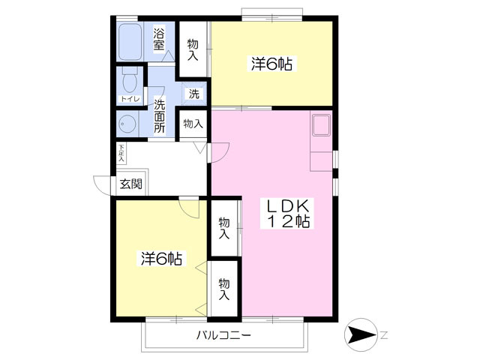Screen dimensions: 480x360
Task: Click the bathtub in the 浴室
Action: click(130, 42)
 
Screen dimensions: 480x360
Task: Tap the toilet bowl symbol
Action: click(130, 79)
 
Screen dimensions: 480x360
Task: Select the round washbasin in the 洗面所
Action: click(127, 124)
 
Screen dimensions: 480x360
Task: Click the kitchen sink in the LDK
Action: click(321, 125)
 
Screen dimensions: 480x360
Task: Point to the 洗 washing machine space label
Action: click(193, 94)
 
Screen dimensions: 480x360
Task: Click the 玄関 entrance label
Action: click(130, 184)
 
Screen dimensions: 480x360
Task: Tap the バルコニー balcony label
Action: click(223, 335)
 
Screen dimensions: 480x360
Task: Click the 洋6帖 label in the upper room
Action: click(271, 64)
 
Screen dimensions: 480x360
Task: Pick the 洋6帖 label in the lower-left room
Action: click(162, 259)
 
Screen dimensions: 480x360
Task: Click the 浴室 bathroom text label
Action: click(159, 39)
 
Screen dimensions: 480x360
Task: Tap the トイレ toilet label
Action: click(130, 99)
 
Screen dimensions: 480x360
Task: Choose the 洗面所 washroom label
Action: click(160, 116)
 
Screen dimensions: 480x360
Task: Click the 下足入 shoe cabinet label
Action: click(121, 153)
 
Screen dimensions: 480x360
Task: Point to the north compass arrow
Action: click(360, 334)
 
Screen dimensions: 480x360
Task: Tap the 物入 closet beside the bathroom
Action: click(193, 49)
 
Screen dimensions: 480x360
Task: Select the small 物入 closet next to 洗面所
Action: click(193, 124)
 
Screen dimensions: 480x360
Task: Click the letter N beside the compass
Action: click(384, 335)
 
